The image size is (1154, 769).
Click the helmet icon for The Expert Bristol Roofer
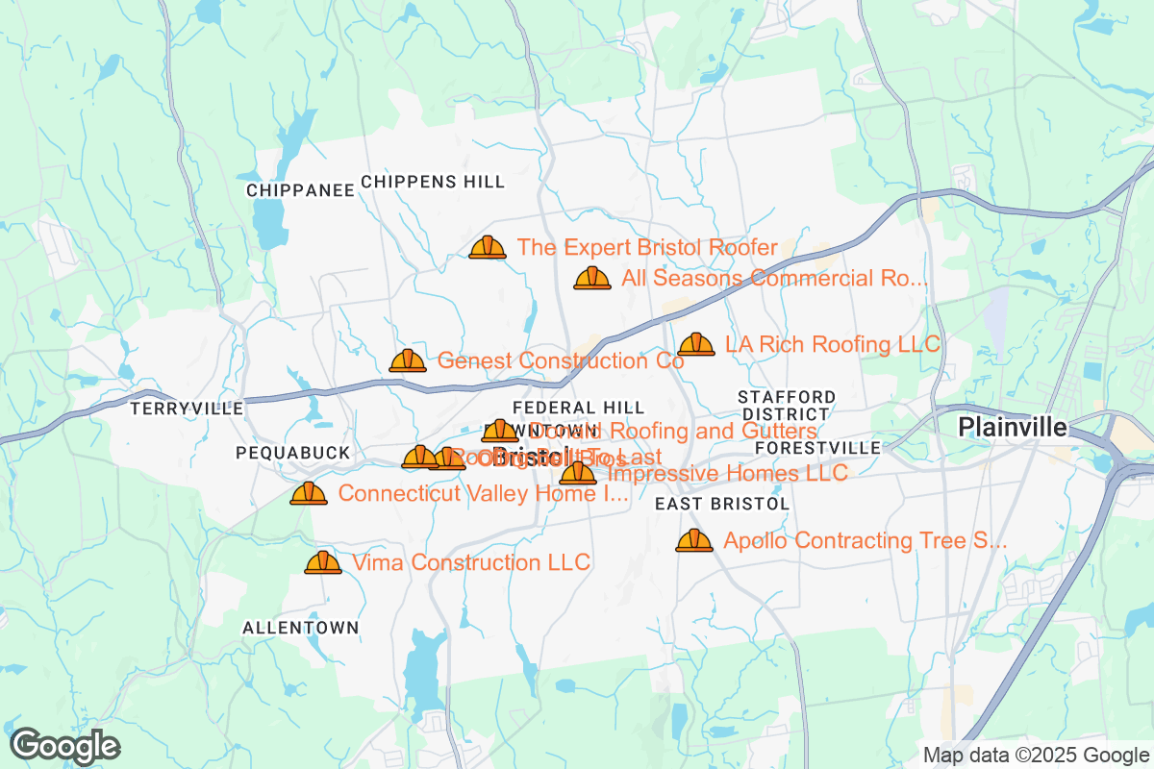pyautogui.click(x=488, y=248)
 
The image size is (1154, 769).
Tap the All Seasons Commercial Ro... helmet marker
pyautogui.click(x=592, y=279)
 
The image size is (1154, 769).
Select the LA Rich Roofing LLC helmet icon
pyautogui.click(x=696, y=344)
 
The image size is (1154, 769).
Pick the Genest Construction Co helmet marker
pyautogui.click(x=408, y=361)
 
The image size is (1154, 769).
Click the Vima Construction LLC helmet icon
pyautogui.click(x=323, y=563)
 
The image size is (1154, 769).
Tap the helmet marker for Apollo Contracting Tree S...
pyautogui.click(x=694, y=541)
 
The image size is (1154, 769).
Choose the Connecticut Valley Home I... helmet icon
pyautogui.click(x=309, y=494)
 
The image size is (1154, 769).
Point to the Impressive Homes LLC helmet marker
pyautogui.click(x=578, y=473)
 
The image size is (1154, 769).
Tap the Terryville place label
pyautogui.click(x=188, y=409)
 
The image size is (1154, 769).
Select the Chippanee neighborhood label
pyautogui.click(x=301, y=190)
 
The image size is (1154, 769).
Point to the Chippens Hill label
pyautogui.click(x=433, y=182)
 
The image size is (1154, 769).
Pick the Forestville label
pyautogui.click(x=818, y=448)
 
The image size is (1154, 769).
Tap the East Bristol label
pyautogui.click(x=722, y=504)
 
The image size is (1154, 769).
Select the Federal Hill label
pyautogui.click(x=578, y=409)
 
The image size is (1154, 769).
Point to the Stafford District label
pyautogui.click(x=787, y=405)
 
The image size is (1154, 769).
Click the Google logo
pyautogui.click(x=65, y=746)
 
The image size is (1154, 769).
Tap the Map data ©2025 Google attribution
pyautogui.click(x=1036, y=755)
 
